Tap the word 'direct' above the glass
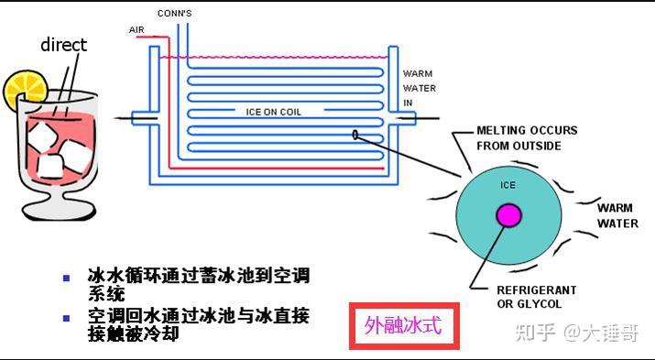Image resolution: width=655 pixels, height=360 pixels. (63, 44)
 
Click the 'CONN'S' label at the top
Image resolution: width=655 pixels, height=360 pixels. (174, 14)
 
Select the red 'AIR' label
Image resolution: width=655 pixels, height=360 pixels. (136, 29)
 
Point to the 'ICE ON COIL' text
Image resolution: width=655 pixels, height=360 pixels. (273, 113)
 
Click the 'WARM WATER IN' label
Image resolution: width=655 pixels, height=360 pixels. (420, 88)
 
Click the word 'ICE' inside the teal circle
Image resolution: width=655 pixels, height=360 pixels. (508, 185)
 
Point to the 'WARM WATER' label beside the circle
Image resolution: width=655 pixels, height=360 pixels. (617, 215)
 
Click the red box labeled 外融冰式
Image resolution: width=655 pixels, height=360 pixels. (403, 327)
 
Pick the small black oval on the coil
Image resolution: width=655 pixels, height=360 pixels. (355, 136)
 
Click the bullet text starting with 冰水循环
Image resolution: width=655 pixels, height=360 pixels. (196, 284)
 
